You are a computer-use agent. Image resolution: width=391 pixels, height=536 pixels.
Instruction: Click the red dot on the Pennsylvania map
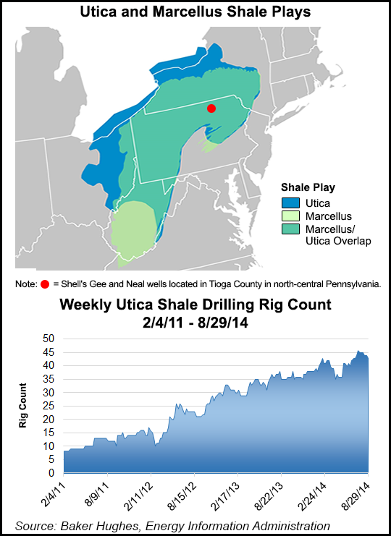[211, 109]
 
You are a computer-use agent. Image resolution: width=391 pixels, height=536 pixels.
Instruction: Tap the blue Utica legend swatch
[291, 203]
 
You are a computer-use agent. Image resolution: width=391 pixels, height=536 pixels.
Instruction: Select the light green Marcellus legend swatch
[291, 216]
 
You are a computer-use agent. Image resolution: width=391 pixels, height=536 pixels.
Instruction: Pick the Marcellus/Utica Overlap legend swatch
[291, 229]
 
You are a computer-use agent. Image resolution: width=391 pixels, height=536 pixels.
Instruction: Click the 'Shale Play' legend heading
[308, 187]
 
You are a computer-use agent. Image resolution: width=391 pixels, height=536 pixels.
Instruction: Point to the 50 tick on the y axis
[49, 339]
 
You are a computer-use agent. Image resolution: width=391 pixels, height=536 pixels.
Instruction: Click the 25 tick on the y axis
[49, 406]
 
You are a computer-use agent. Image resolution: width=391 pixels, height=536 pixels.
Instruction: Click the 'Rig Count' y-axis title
[24, 405]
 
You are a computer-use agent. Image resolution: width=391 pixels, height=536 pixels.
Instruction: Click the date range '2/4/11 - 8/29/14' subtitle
[195, 322]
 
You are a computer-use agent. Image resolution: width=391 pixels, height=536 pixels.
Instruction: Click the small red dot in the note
[46, 284]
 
